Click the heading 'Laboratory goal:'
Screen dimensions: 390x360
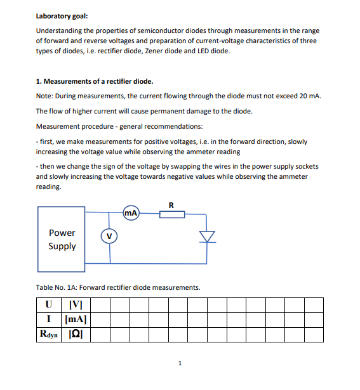pos(63,16)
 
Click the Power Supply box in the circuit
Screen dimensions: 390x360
pos(62,239)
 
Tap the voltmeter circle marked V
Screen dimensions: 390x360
pos(109,237)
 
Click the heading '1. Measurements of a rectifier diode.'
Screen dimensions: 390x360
pos(95,82)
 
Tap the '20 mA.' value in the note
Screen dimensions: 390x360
pos(310,96)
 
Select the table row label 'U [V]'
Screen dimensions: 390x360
pos(63,306)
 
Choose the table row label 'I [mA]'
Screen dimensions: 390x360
pos(63,320)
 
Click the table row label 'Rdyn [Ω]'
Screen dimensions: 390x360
pos(63,334)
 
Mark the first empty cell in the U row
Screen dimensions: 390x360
pos(101,306)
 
